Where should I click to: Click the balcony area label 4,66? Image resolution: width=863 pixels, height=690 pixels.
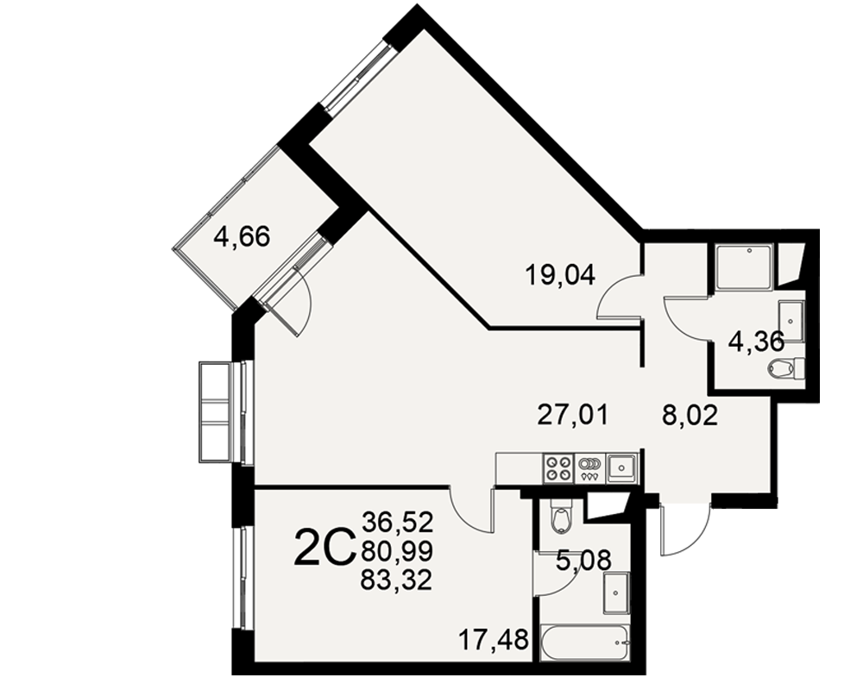(x=243, y=238)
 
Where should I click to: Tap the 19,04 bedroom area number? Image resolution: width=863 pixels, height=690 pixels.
(x=560, y=274)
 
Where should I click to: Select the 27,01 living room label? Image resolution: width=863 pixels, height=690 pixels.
(x=573, y=414)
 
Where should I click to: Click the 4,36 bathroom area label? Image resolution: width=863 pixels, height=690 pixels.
(x=756, y=342)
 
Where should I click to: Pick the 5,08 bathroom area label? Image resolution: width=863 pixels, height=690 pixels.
(x=583, y=561)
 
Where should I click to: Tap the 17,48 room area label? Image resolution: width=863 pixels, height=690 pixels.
(x=494, y=639)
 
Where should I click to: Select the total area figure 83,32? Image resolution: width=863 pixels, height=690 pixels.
(x=397, y=580)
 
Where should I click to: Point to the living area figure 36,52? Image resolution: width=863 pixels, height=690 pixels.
(x=397, y=522)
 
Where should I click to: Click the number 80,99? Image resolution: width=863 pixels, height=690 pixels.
(x=397, y=550)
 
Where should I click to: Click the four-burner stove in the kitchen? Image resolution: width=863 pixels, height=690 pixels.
(x=558, y=468)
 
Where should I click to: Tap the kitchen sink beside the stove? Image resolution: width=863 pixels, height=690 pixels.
(x=621, y=468)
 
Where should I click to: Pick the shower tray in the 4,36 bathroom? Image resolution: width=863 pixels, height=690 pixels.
(x=746, y=267)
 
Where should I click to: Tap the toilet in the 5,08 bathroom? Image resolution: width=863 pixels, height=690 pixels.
(x=561, y=516)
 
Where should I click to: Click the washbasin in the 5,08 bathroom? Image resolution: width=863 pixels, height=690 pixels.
(x=616, y=593)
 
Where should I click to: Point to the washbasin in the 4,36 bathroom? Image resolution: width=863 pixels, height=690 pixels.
(x=791, y=321)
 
